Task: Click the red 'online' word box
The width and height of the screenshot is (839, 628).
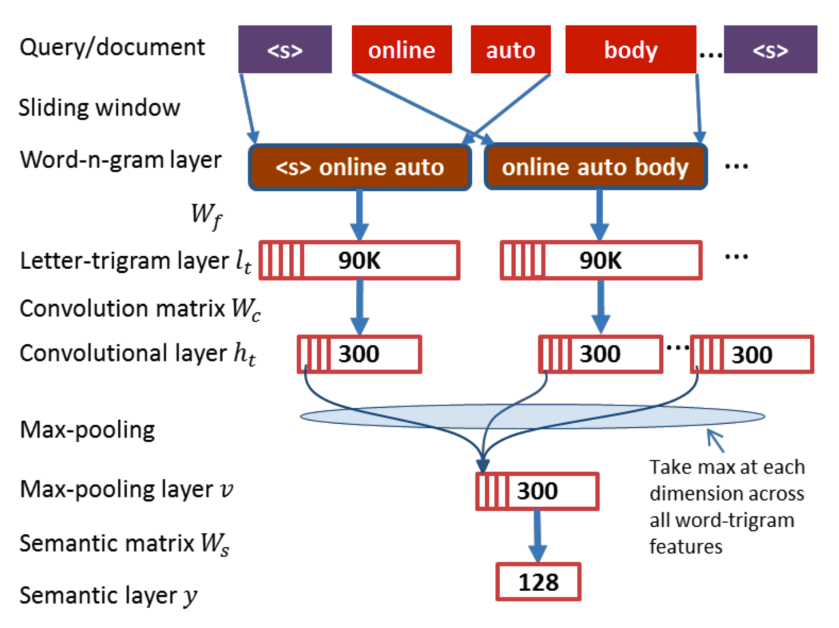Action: click(x=402, y=50)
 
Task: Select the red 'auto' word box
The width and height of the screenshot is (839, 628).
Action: click(x=510, y=50)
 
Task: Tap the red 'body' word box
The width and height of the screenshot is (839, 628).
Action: click(x=630, y=50)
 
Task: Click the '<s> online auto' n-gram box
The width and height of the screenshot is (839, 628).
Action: click(x=359, y=167)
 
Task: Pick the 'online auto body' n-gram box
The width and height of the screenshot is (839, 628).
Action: click(x=596, y=167)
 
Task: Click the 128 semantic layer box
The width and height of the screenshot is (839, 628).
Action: click(x=538, y=582)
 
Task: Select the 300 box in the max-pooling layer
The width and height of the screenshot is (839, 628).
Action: click(x=537, y=491)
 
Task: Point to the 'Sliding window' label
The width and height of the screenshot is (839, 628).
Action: click(x=99, y=108)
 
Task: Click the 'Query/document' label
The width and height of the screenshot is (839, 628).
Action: click(x=112, y=48)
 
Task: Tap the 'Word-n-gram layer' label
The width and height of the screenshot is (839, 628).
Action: click(x=120, y=160)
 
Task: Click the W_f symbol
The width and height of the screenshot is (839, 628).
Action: click(x=206, y=215)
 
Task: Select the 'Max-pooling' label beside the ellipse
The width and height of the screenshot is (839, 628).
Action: click(x=88, y=430)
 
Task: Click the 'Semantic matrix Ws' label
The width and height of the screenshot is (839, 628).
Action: click(x=125, y=543)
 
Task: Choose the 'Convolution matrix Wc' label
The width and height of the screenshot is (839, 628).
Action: click(x=140, y=309)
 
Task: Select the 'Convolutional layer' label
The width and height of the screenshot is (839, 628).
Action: click(x=138, y=354)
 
